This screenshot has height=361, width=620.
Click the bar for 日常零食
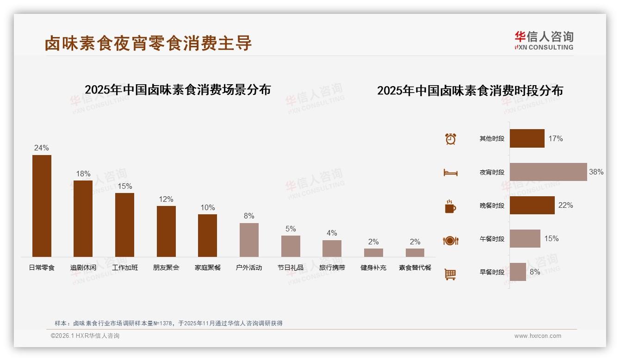[x=42, y=206]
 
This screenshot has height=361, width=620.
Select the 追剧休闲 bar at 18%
[x=83, y=218]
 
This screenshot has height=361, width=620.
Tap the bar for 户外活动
[x=249, y=240]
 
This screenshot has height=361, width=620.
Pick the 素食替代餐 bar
[x=415, y=253]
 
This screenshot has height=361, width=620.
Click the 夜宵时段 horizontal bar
[x=548, y=172]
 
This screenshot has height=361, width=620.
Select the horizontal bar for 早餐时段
[x=518, y=272]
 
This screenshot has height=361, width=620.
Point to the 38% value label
[x=596, y=172]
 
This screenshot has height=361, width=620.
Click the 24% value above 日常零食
[x=42, y=148]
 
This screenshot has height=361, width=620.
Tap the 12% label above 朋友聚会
[x=166, y=199]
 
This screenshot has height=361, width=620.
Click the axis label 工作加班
[x=125, y=268]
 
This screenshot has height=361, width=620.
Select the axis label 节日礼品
[x=291, y=268]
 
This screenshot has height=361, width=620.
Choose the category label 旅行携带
[x=332, y=268]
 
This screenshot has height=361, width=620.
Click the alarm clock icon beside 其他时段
[x=451, y=139]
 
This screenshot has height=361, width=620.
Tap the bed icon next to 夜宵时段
[x=451, y=173]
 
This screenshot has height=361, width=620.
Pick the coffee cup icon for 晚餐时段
[x=451, y=206]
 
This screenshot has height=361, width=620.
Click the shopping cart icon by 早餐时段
[x=451, y=274]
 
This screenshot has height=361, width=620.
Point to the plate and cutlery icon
[x=451, y=240]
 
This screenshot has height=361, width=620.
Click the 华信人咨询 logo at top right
[x=544, y=40]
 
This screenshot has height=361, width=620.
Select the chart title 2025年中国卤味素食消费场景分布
[x=178, y=90]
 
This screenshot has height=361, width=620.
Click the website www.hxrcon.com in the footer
[x=538, y=336]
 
